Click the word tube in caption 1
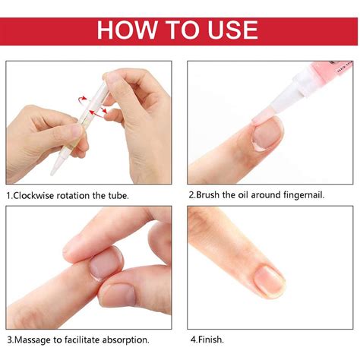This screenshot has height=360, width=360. (x=117, y=195)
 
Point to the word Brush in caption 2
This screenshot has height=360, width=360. (x=212, y=195)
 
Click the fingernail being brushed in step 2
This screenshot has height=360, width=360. (x=267, y=134)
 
